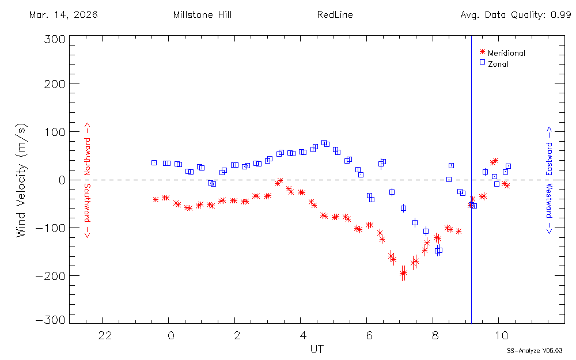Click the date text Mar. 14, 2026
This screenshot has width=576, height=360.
[x=63, y=15]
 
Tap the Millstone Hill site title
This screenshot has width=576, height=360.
[x=202, y=15]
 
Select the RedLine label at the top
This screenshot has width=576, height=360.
[x=335, y=15]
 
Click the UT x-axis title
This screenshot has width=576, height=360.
[x=316, y=349]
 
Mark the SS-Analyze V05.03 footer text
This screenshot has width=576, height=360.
[x=535, y=350]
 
